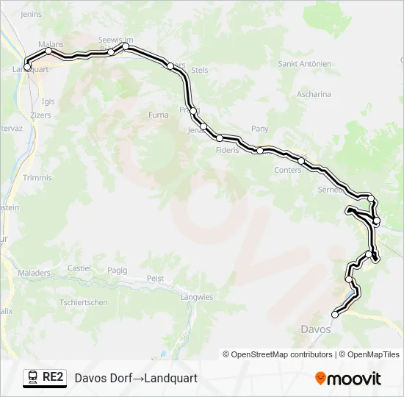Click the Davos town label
tap(316, 329)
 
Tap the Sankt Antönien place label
tap(304, 64)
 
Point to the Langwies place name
tap(196, 297)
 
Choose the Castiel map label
tap(79, 269)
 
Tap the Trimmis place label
tap(37, 178)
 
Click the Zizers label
tap(42, 116)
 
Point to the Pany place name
tap(260, 129)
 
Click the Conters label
tap(286, 170)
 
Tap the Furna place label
tap(158, 115)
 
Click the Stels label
tap(199, 71)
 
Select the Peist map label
tap(155, 279)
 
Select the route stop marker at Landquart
tap(27, 67)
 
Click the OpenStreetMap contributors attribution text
tap(278, 354)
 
